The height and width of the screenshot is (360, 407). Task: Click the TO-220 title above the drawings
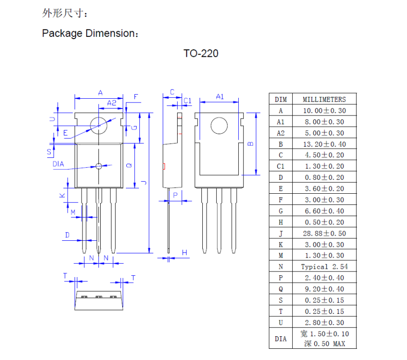click(201, 54)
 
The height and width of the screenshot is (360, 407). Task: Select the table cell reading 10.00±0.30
click(324, 110)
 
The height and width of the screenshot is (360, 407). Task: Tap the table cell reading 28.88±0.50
click(324, 233)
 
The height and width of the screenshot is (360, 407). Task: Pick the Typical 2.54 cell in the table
click(324, 267)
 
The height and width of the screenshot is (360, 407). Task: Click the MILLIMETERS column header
click(324, 99)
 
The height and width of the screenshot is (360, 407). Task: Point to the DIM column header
click(281, 99)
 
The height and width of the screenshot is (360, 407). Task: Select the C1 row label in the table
click(281, 166)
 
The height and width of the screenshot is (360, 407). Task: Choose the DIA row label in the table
click(281, 339)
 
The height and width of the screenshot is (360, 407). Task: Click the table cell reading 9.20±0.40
click(324, 289)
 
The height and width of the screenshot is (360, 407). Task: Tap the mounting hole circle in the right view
click(219, 125)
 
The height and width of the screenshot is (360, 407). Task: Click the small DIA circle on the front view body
click(98, 166)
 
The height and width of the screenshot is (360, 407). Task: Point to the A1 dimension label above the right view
click(220, 97)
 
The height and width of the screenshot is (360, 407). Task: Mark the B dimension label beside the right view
click(250, 143)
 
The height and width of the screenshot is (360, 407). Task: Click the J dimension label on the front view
click(144, 183)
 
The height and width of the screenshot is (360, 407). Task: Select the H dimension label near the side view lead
click(185, 252)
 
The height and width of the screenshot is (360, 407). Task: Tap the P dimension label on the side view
click(175, 195)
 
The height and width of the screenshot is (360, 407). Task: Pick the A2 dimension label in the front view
click(111, 103)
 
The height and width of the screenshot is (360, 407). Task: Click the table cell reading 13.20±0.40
click(324, 144)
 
